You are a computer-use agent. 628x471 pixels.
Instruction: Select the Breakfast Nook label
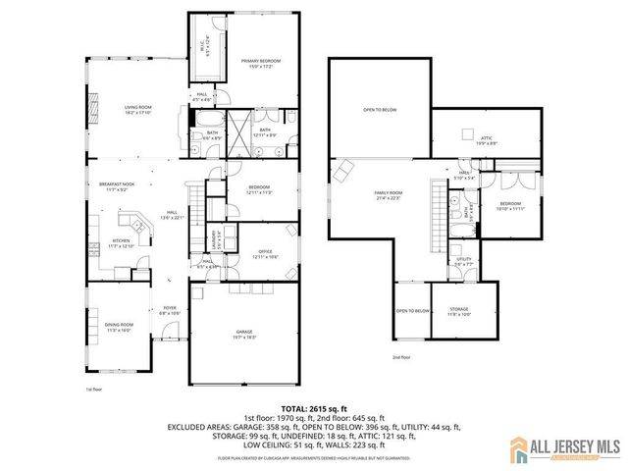[115, 185]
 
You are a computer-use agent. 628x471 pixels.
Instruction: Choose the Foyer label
[169, 309]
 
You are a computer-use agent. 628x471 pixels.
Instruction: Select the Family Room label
[388, 193]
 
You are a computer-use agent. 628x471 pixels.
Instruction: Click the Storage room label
[459, 311]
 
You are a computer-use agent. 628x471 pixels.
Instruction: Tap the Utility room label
[463, 261]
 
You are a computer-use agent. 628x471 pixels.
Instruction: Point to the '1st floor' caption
[93, 390]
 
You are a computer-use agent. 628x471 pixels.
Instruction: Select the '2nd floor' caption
[401, 357]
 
